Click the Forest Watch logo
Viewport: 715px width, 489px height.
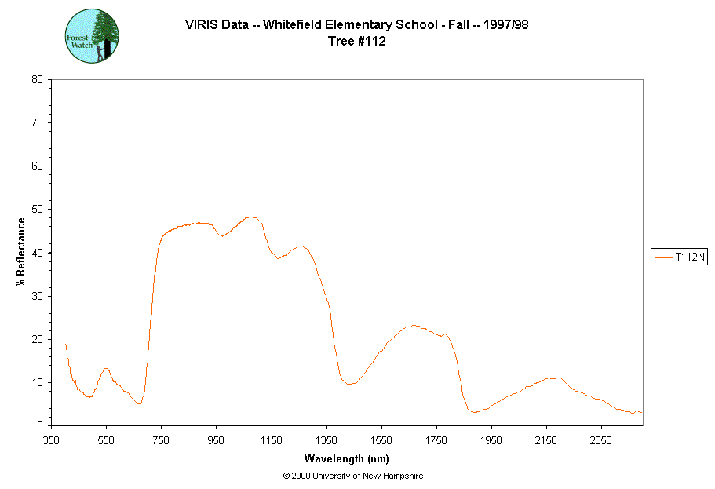pos(92,36)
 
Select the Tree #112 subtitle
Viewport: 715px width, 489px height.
pos(356,42)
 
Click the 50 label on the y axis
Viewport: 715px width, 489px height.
pos(37,210)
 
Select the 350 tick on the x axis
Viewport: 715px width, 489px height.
pos(51,440)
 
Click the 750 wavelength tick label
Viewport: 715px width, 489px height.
pos(161,440)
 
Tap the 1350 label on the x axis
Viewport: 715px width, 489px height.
pos(326,440)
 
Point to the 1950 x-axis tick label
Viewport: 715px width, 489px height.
pos(491,440)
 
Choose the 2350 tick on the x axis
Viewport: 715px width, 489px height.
pos(601,440)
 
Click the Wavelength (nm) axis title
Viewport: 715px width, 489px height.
pos(346,458)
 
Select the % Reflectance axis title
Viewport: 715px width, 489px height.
pos(21,252)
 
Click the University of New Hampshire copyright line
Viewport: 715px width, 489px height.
pos(352,476)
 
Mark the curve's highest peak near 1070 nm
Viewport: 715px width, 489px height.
pos(250,217)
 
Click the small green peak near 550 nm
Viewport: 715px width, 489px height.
pos(105,368)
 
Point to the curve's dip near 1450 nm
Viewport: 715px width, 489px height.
pos(350,383)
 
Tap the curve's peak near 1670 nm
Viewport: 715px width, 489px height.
pos(414,325)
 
